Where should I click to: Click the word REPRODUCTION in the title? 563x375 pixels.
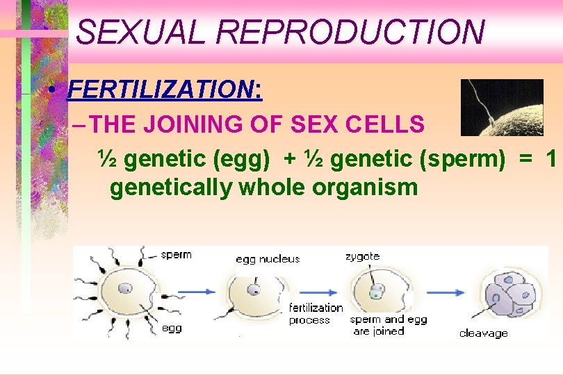click(347, 32)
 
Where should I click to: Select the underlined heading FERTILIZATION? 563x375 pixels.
click(163, 90)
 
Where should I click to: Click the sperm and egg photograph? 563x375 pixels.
click(502, 107)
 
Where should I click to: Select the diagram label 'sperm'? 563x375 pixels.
click(176, 255)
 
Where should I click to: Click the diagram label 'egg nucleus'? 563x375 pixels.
click(268, 259)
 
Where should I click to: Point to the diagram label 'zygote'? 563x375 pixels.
click(362, 256)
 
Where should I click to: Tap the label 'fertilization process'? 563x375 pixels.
click(315, 313)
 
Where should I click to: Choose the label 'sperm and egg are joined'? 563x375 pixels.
click(388, 325)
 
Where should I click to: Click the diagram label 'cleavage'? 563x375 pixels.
click(483, 333)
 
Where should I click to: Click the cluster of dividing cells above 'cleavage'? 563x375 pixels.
click(511, 292)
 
